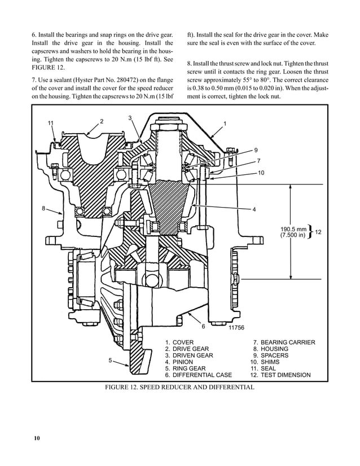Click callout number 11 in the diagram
[51, 123]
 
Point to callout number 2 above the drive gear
[102, 121]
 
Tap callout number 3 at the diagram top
[130, 117]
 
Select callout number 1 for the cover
[225, 123]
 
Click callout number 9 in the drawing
[256, 150]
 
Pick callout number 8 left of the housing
[43, 208]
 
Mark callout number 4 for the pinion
[254, 210]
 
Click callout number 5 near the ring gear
[110, 359]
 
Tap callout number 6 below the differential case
[203, 326]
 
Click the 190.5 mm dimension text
[293, 229]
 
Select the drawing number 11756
[236, 327]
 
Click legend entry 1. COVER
[179, 342]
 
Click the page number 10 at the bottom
[36, 438]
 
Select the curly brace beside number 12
[310, 232]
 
